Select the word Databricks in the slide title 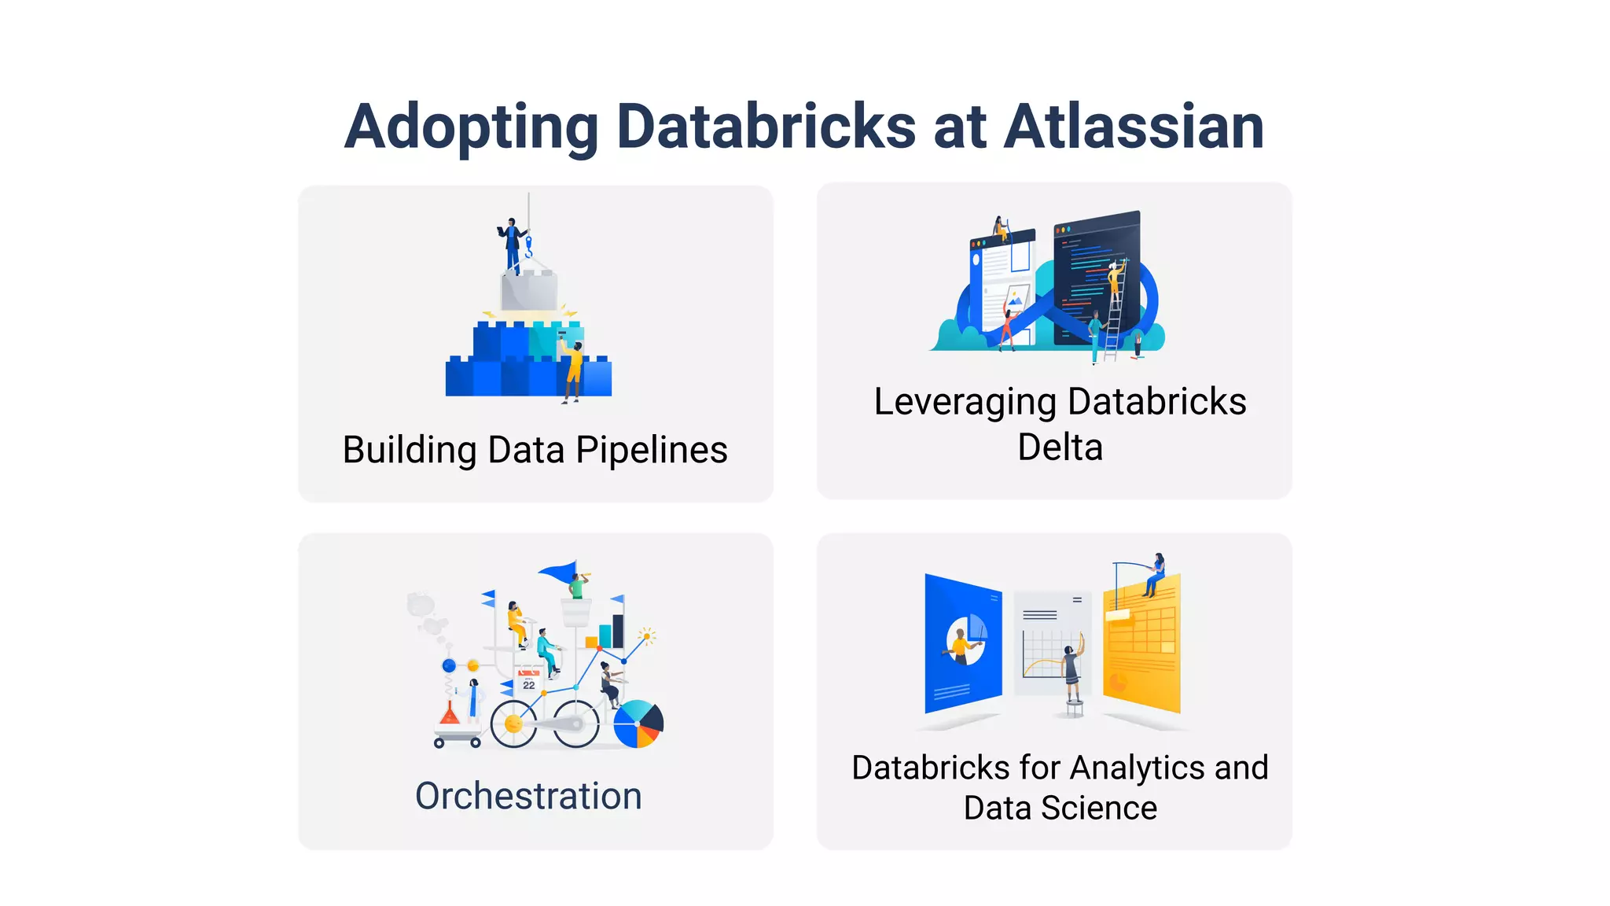click(x=766, y=127)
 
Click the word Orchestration click(x=528, y=796)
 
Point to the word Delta click(x=1060, y=447)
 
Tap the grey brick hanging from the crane click(x=529, y=291)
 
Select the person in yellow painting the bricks click(x=574, y=370)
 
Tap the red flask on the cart click(x=450, y=714)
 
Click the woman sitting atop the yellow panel click(x=1155, y=575)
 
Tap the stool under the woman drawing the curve click(x=1074, y=708)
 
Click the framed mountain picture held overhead click(x=1017, y=297)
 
